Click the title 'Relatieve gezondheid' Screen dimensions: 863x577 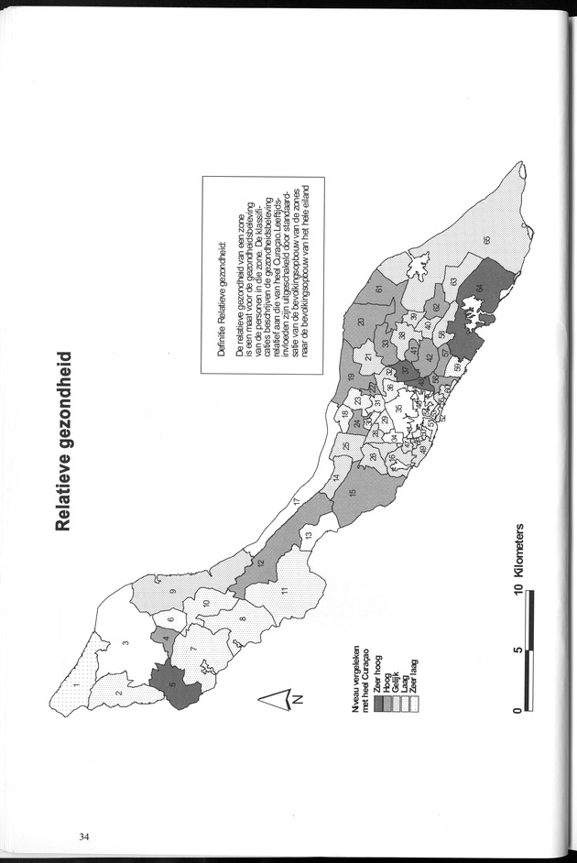(63, 440)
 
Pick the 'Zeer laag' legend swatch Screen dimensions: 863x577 (412, 676)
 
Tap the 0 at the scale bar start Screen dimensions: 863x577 (519, 710)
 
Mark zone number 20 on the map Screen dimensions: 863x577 (360, 321)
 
